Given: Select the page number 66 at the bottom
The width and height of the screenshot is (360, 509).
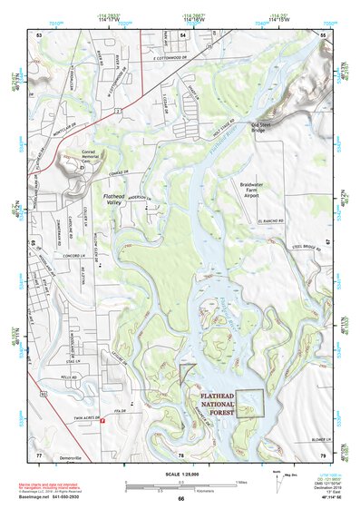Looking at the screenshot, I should pos(180,499).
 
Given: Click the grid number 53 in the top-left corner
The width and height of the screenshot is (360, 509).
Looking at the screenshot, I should pos(39,34).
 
